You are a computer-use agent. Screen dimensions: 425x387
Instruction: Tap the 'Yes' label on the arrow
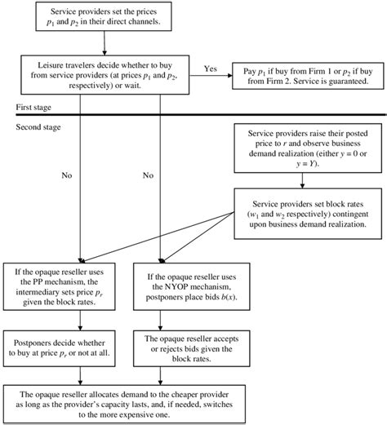coord(210,69)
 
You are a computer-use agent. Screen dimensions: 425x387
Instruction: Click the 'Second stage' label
coord(38,128)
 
